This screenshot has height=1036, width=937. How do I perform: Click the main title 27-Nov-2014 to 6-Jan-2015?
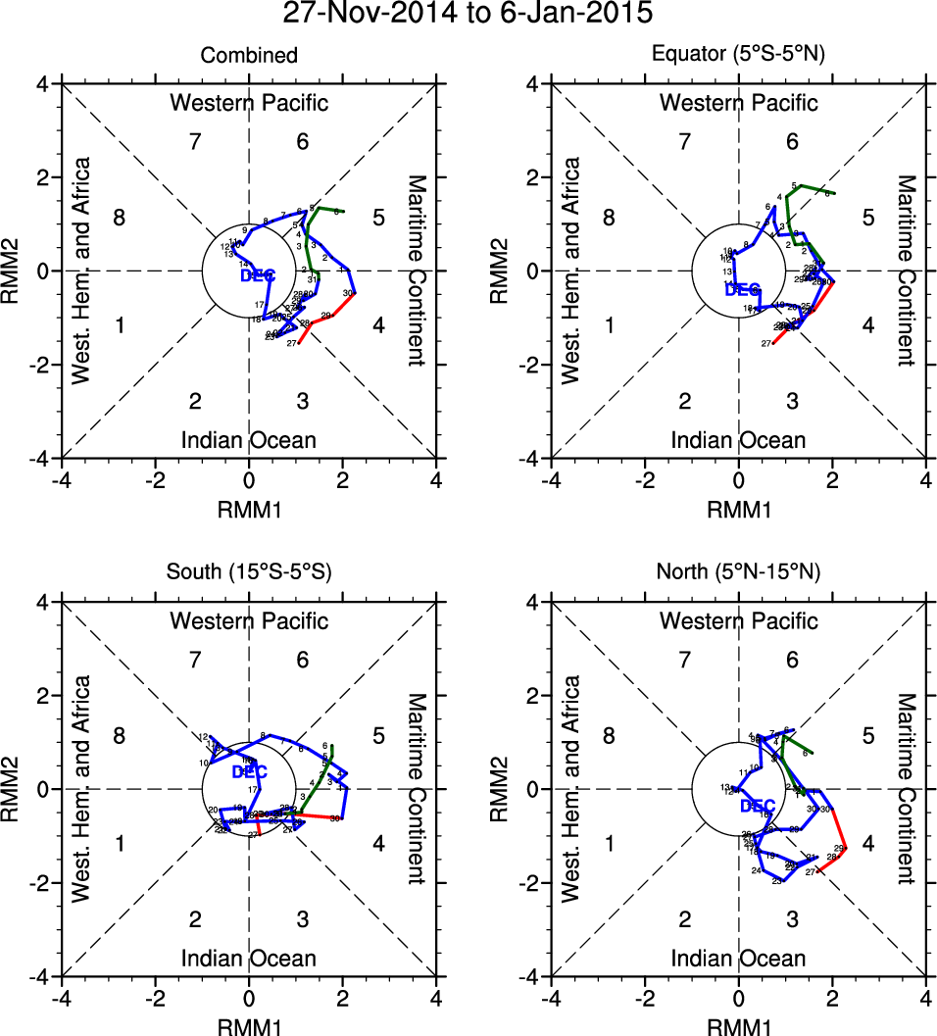coord(468,15)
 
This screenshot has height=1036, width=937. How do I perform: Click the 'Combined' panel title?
coord(249,56)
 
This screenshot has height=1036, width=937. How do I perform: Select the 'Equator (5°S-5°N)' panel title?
coord(739,56)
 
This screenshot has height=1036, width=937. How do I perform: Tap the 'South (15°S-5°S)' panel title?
coord(249,573)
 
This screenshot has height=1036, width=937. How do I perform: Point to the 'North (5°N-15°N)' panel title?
coord(739,573)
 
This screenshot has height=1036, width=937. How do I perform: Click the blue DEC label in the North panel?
coord(758,807)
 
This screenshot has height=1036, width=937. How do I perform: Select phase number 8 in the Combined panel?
coord(120,218)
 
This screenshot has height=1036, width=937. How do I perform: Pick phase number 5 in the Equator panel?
coord(867,218)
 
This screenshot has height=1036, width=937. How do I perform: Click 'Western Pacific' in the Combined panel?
coord(249,103)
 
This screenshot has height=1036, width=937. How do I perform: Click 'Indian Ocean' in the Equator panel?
coord(739,440)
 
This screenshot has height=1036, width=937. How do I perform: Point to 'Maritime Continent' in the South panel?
coord(418,788)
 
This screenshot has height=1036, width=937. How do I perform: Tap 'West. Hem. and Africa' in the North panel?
coord(571,788)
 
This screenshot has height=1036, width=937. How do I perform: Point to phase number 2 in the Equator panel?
coord(685,401)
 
